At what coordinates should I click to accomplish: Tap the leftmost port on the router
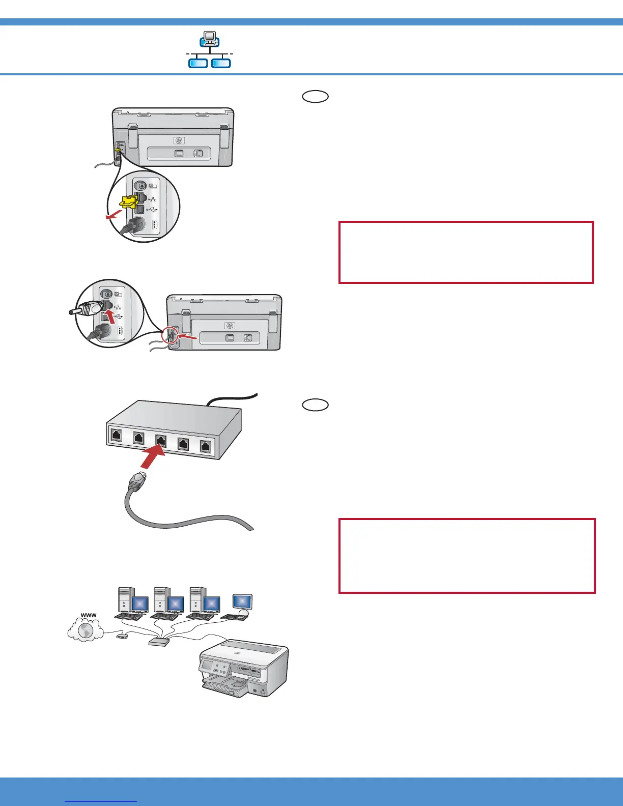pyautogui.click(x=117, y=435)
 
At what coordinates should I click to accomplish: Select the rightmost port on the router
pyautogui.click(x=206, y=447)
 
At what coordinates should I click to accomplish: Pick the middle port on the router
pyautogui.click(x=160, y=441)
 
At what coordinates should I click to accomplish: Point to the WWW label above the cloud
pyautogui.click(x=89, y=616)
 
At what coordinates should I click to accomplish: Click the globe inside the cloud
pyautogui.click(x=86, y=631)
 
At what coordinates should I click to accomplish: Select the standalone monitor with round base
pyautogui.click(x=242, y=603)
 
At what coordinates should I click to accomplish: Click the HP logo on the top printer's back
pyautogui.click(x=179, y=140)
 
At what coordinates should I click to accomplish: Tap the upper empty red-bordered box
pyautogui.click(x=466, y=252)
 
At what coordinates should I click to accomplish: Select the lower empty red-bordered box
pyautogui.click(x=467, y=556)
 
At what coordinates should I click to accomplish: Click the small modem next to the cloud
pyautogui.click(x=122, y=636)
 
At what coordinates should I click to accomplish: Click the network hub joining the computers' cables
pyautogui.click(x=158, y=642)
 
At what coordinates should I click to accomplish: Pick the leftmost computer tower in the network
pyautogui.click(x=125, y=600)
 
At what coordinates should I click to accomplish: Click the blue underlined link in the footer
pyautogui.click(x=101, y=801)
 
